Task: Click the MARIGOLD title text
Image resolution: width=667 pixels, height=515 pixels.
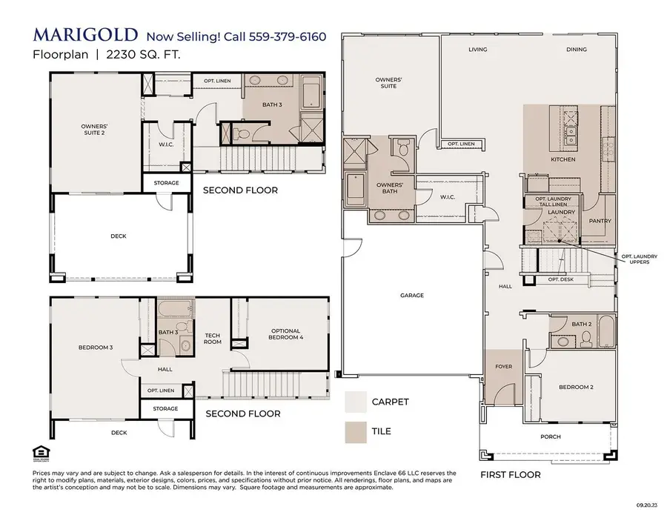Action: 84,35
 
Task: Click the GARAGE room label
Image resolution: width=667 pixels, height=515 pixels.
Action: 412,296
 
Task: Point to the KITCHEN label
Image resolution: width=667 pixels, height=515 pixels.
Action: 563,160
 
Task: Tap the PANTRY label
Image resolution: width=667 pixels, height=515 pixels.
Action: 599,221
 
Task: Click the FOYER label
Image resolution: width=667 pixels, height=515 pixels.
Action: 504,367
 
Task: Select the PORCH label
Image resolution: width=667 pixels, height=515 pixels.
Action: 550,436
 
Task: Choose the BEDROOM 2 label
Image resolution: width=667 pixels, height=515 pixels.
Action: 576,388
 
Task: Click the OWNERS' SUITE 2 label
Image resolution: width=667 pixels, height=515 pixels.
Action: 94,130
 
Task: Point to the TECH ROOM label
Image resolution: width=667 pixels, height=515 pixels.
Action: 213,338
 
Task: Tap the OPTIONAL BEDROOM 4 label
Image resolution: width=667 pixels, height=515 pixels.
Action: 285,334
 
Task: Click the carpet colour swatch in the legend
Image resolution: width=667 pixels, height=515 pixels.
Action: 356,402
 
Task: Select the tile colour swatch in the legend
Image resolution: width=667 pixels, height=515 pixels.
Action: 356,431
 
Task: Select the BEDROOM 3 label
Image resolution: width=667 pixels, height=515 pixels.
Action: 96,347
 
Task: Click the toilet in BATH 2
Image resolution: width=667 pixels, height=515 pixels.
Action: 585,339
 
